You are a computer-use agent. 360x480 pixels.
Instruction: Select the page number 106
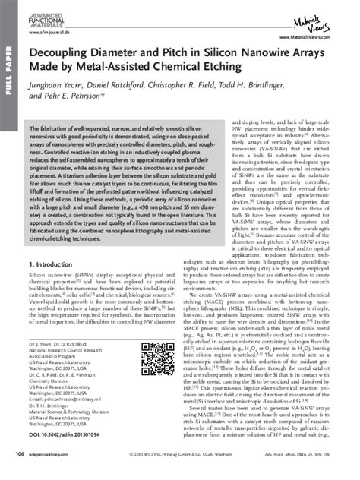click(20, 454)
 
